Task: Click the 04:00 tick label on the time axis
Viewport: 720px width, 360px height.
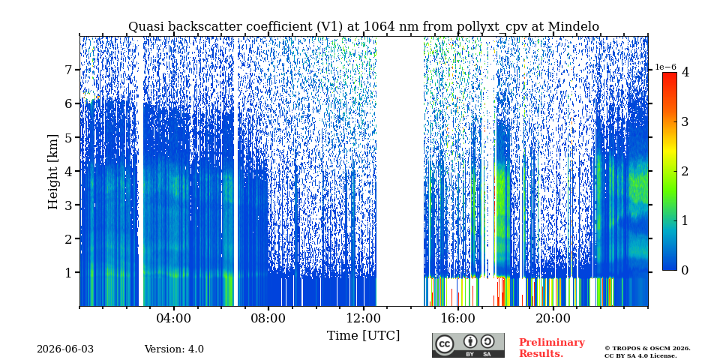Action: (x=173, y=319)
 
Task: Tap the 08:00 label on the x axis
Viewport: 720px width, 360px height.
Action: (x=268, y=319)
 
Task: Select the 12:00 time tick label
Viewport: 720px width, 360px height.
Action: (x=363, y=319)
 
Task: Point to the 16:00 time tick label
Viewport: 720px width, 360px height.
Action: (x=457, y=319)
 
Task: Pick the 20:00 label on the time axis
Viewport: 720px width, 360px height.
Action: (x=553, y=319)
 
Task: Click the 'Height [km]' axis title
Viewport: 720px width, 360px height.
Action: (x=54, y=172)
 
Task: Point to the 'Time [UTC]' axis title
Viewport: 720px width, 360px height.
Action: (x=363, y=336)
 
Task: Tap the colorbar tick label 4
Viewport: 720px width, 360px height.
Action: (x=685, y=72)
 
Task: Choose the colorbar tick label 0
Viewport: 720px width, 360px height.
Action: (x=685, y=271)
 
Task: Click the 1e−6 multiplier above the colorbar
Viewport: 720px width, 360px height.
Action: (x=665, y=67)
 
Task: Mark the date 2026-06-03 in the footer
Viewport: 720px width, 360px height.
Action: (x=65, y=349)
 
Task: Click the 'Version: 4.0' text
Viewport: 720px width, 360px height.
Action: (x=174, y=349)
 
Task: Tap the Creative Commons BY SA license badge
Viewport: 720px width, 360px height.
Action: (x=468, y=345)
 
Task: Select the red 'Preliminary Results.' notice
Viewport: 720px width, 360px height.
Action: (x=552, y=348)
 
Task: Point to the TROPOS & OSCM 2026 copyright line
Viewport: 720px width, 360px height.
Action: (x=647, y=349)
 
